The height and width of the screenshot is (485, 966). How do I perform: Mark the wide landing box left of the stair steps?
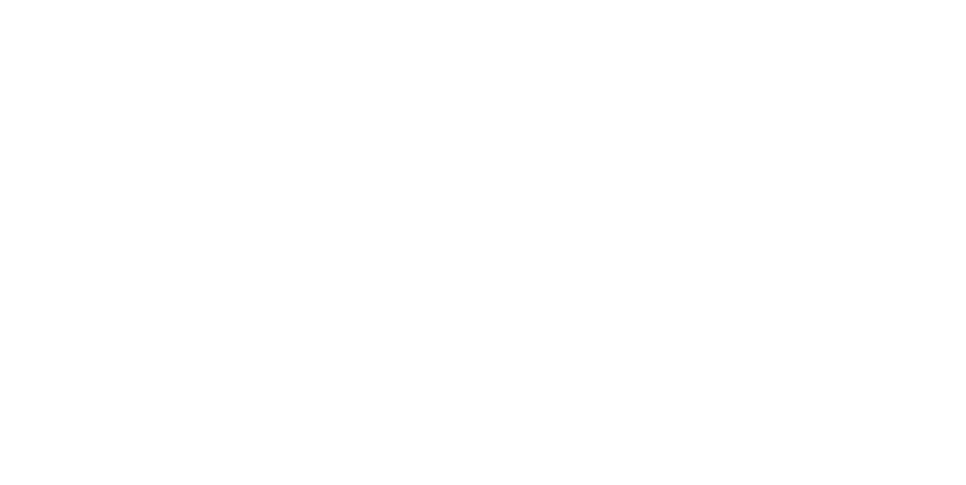pyautogui.click(x=382, y=53)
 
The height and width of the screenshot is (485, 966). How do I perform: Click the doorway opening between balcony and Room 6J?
pyautogui.click(x=102, y=234)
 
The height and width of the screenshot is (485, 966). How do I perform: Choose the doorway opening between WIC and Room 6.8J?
pyautogui.click(x=811, y=198)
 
